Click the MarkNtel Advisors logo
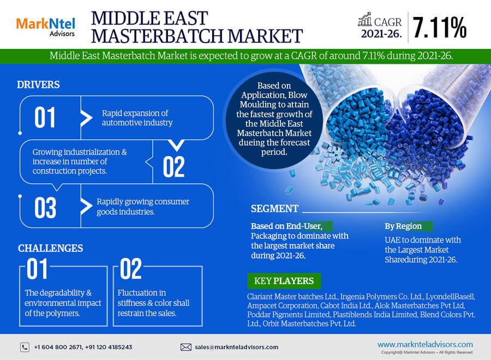point(45,27)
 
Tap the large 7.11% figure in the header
point(440,28)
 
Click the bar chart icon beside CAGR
point(365,20)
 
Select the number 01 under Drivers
point(45,117)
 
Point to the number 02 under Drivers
point(173,167)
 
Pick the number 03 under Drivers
point(45,208)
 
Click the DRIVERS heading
point(38,85)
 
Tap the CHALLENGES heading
point(50,248)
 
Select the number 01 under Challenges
point(37,268)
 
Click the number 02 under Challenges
point(130,268)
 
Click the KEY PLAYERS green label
point(284,281)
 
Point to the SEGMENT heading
point(274,209)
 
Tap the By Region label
point(403,226)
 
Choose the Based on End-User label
point(286,226)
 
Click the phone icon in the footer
point(25,347)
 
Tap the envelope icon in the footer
point(185,347)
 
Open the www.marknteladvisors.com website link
point(425,344)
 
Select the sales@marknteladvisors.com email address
point(236,347)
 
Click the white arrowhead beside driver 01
point(86,118)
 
